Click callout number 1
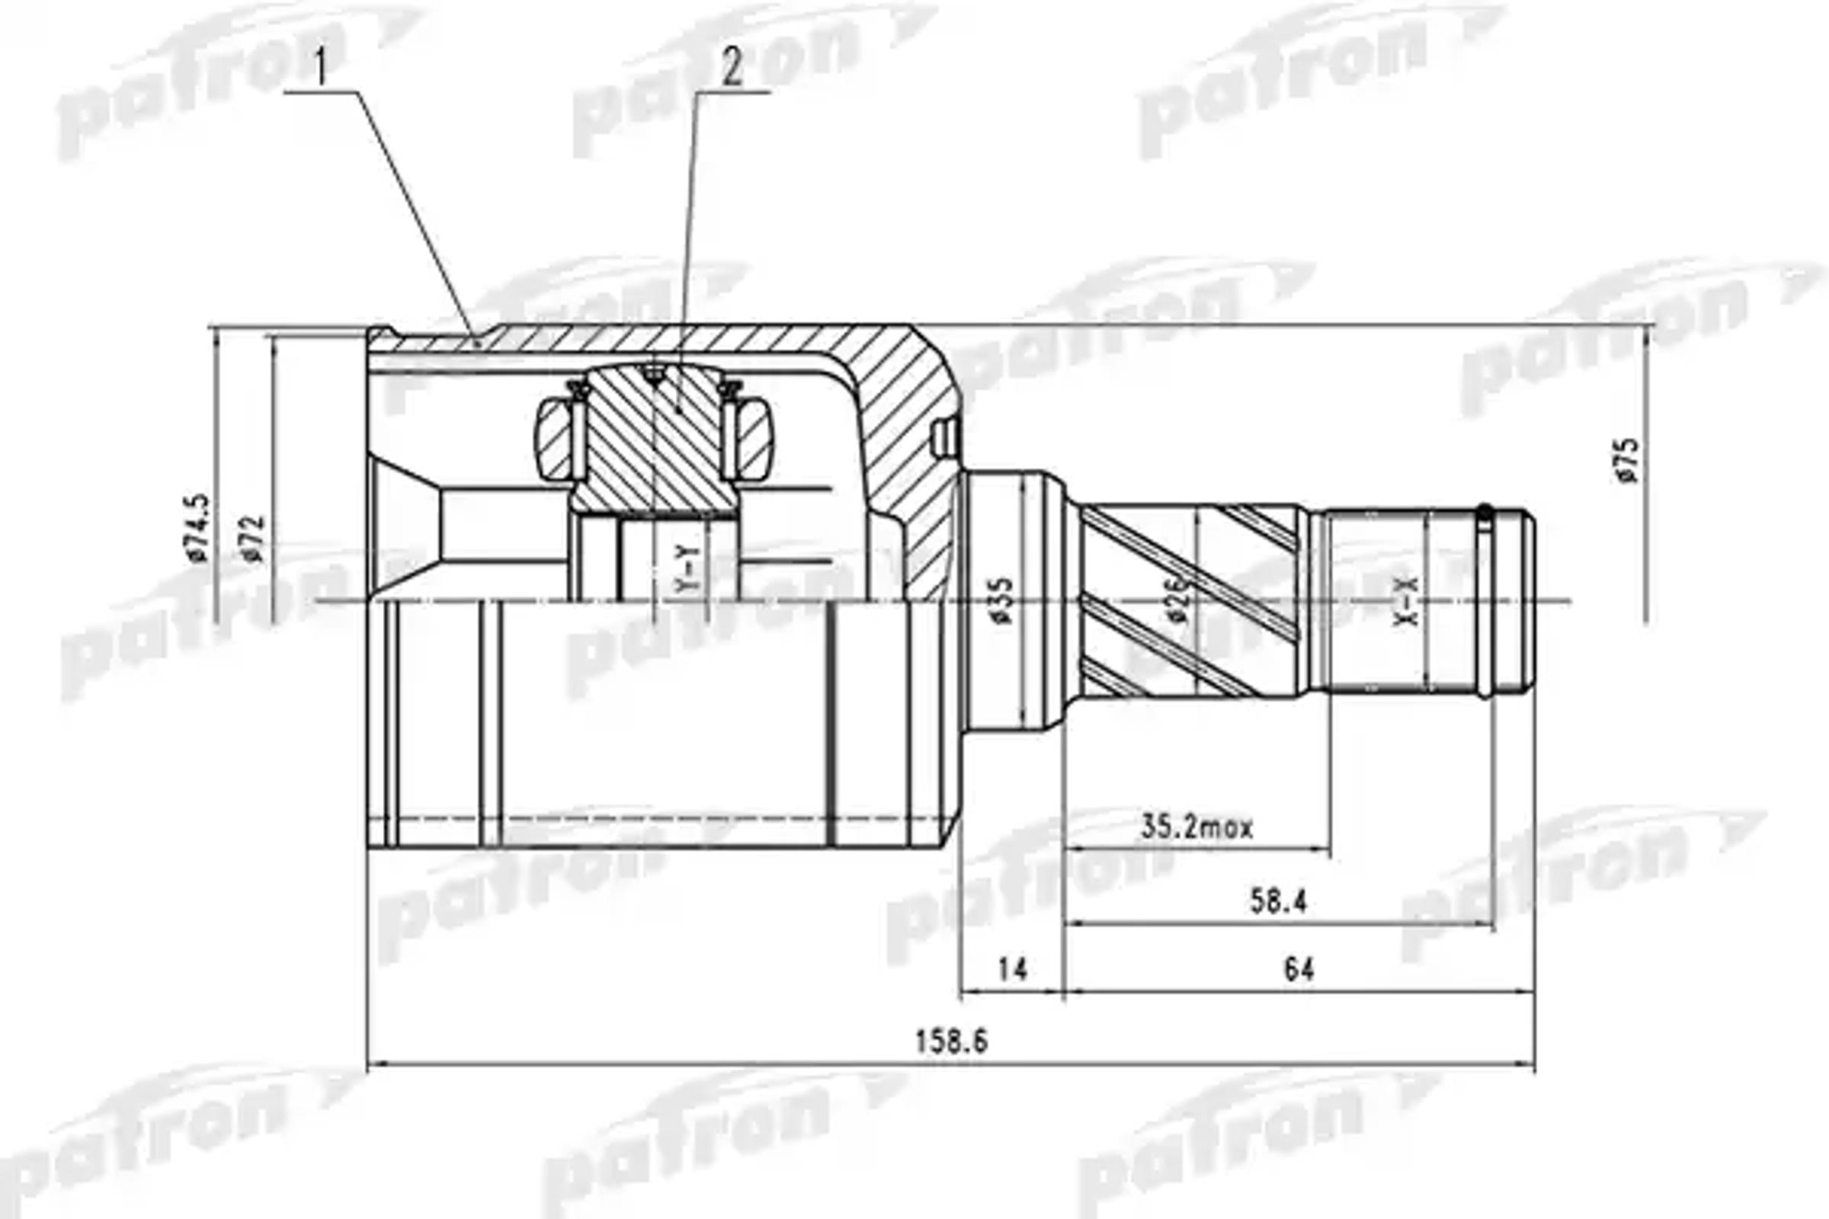(x=320, y=70)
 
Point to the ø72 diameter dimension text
(x=254, y=538)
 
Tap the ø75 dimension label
(x=1627, y=460)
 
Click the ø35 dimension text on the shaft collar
(x=1003, y=600)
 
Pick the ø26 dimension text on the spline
(x=1177, y=600)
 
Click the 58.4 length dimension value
(x=1279, y=901)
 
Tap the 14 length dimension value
(x=1013, y=969)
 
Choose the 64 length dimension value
(x=1299, y=969)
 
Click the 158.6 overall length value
(x=951, y=1041)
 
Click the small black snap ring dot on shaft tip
(x=1485, y=513)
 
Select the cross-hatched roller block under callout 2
(x=653, y=440)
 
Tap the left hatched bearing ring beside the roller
(x=554, y=439)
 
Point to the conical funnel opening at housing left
(x=405, y=529)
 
